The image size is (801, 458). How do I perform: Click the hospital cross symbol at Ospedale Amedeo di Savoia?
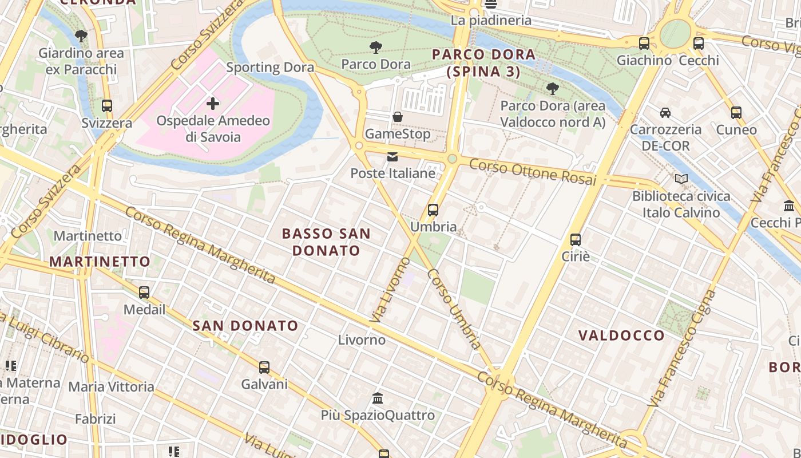(x=213, y=104)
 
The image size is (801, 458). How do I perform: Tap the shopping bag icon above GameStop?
(x=398, y=117)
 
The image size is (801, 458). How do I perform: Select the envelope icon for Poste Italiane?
(x=392, y=156)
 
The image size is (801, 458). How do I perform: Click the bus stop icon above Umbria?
(x=433, y=210)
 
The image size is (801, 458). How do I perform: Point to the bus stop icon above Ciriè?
(x=576, y=240)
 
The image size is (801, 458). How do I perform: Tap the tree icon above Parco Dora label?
(x=376, y=47)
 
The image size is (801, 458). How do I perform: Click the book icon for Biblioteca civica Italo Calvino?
(x=681, y=179)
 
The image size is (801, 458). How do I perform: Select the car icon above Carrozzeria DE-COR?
(x=665, y=112)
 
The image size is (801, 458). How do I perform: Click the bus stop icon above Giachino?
(x=644, y=43)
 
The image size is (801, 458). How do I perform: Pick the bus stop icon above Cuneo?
(x=736, y=113)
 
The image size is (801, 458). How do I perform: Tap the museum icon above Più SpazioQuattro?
(x=378, y=398)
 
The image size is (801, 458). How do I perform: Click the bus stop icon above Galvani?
(x=264, y=367)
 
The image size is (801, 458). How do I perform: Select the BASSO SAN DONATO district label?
(x=326, y=242)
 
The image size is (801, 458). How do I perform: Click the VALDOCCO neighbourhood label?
(x=621, y=335)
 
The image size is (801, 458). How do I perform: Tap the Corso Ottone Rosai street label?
(x=532, y=172)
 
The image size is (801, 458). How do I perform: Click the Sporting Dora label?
(x=270, y=68)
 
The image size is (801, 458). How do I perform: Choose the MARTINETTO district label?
(x=100, y=262)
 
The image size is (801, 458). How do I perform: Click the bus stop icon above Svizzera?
(x=107, y=106)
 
